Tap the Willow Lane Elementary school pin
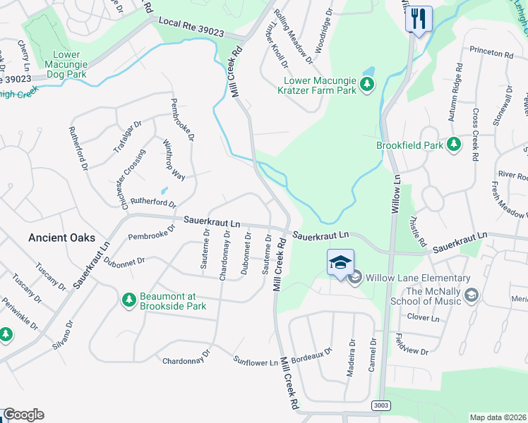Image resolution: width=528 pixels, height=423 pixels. (340, 262)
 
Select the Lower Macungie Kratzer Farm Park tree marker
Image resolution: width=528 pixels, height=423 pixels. (366, 85)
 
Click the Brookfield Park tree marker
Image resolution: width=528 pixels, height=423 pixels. (454, 145)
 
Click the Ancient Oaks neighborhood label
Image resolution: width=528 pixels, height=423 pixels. (61, 238)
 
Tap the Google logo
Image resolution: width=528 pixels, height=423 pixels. (23, 415)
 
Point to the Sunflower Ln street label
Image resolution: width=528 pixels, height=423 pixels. (256, 362)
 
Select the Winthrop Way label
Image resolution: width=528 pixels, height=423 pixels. (174, 161)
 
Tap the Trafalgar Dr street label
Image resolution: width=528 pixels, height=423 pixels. (128, 137)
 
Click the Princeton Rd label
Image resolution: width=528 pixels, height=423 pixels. (493, 54)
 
